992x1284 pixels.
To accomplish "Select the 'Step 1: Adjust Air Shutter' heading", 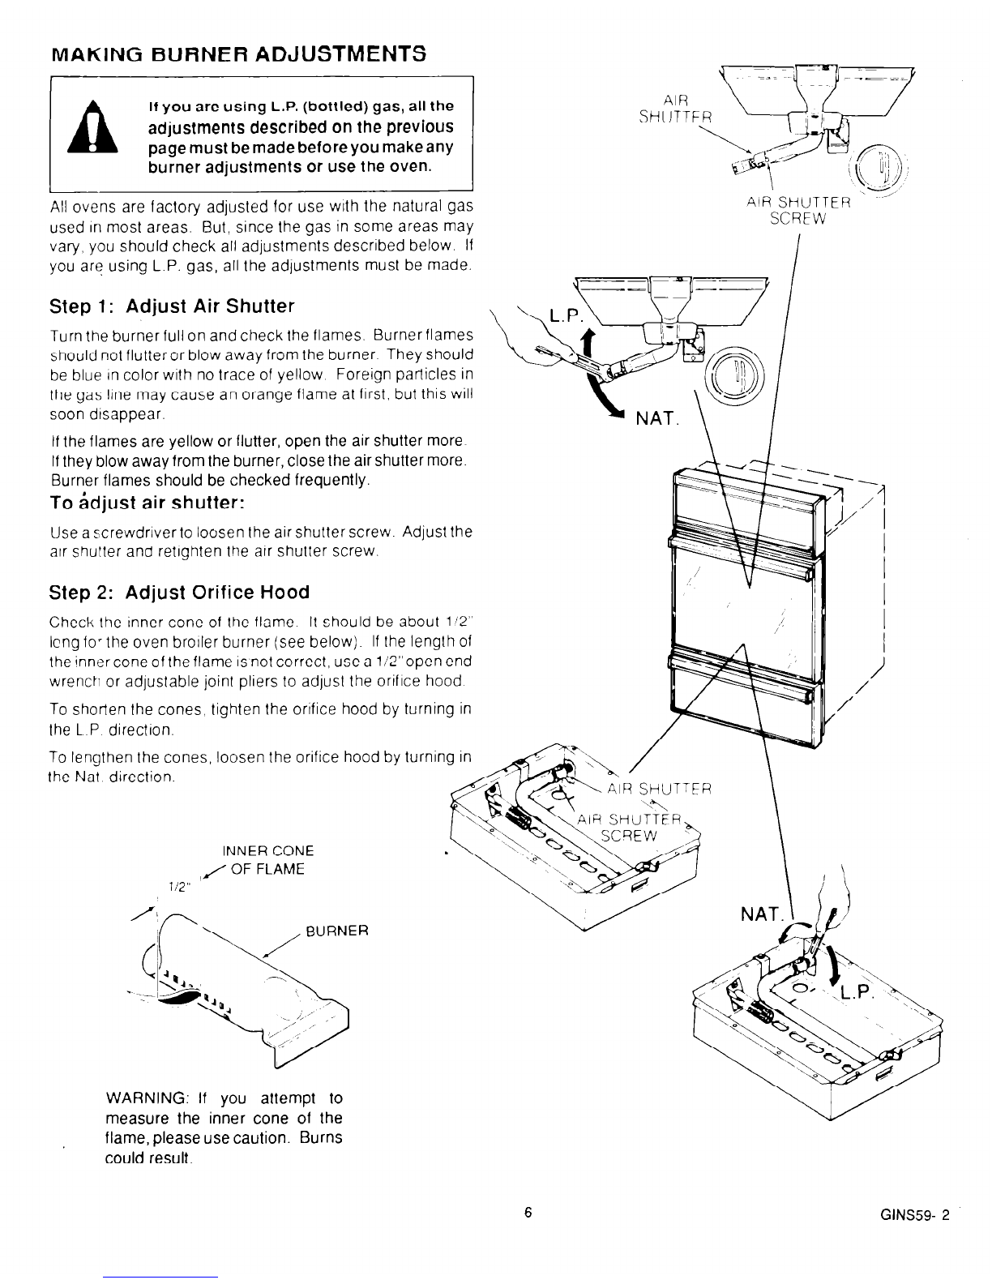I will [172, 306].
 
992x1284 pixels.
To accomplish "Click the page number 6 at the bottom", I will [528, 1213].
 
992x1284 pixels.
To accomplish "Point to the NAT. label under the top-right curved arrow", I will [660, 419].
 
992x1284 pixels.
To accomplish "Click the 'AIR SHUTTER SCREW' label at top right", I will [798, 210].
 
